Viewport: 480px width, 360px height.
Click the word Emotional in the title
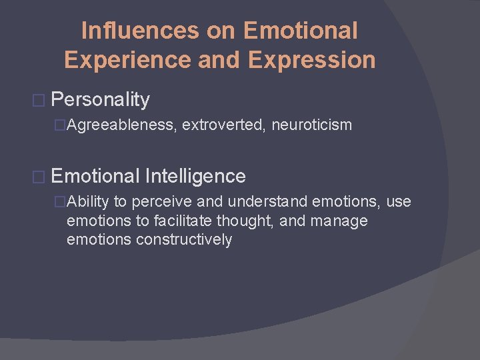point(301,31)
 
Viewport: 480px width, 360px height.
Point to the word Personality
point(100,100)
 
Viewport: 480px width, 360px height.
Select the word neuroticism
point(311,125)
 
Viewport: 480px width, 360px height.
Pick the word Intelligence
point(195,176)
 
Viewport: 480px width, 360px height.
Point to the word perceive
point(160,202)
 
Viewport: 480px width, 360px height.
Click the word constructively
point(183,239)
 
